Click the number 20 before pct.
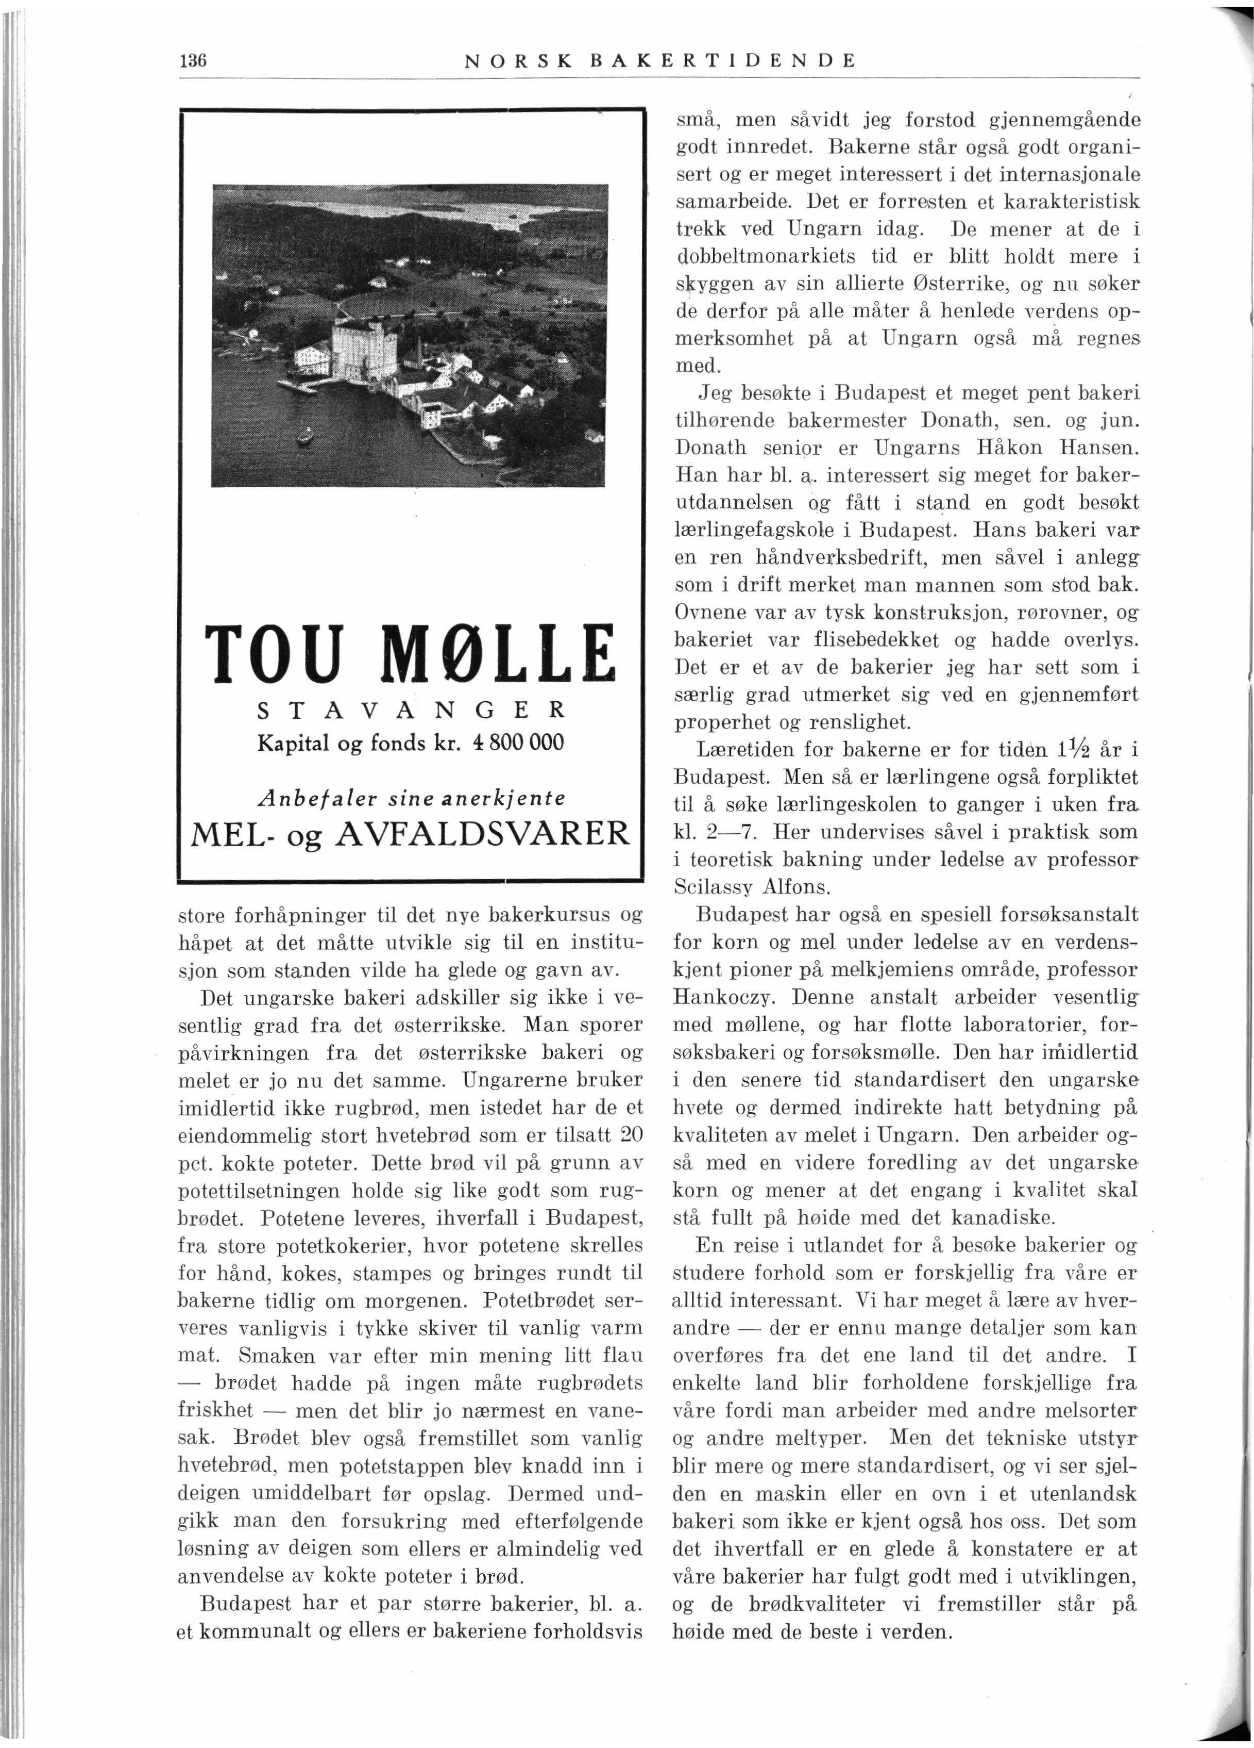[x=630, y=1135]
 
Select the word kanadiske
[x=994, y=1218]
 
